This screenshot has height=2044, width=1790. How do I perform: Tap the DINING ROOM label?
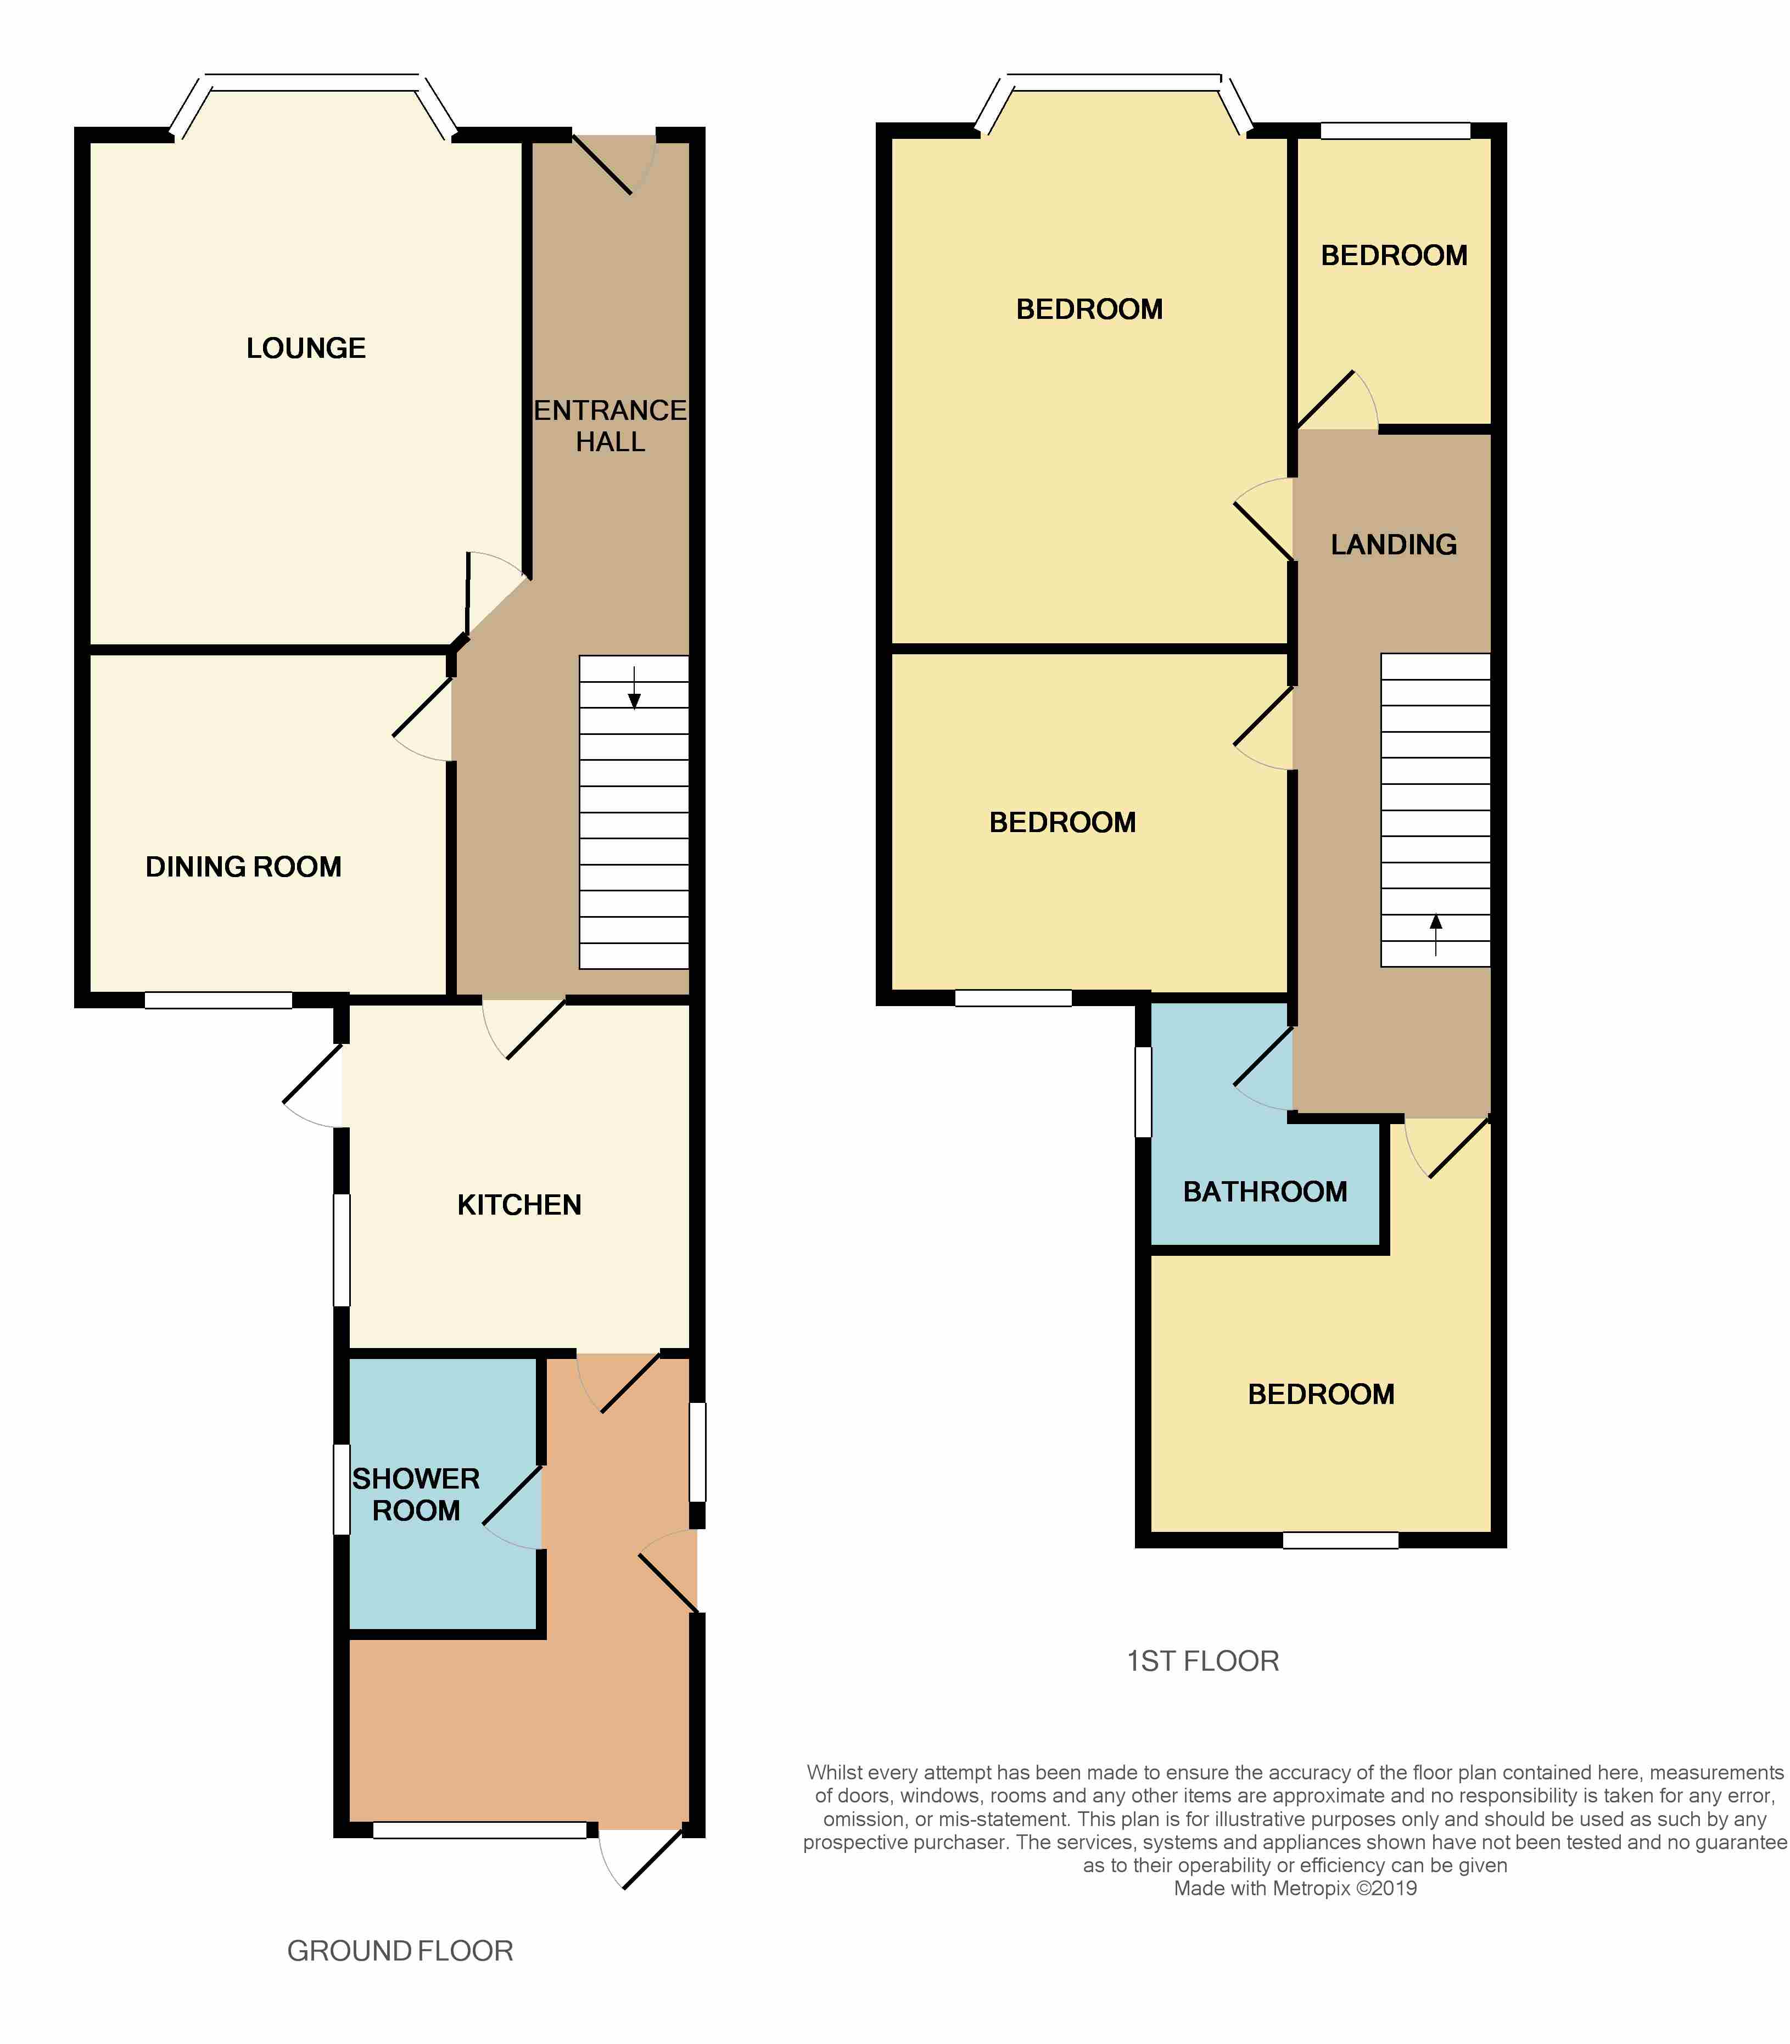click(x=244, y=867)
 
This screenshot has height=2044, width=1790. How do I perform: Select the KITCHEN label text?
click(x=519, y=1205)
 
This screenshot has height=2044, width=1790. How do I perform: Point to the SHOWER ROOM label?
click(x=416, y=1494)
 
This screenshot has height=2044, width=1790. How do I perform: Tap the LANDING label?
click(x=1394, y=544)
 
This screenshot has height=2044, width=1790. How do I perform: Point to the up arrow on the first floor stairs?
click(x=1435, y=935)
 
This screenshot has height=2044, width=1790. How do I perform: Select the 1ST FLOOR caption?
click(x=1202, y=1660)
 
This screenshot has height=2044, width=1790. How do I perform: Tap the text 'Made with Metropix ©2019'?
click(x=1295, y=1888)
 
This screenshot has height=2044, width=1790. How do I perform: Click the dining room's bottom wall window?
click(x=218, y=999)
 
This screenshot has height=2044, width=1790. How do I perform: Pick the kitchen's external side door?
click(x=314, y=1086)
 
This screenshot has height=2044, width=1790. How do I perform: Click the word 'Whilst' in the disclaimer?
click(x=834, y=1772)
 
